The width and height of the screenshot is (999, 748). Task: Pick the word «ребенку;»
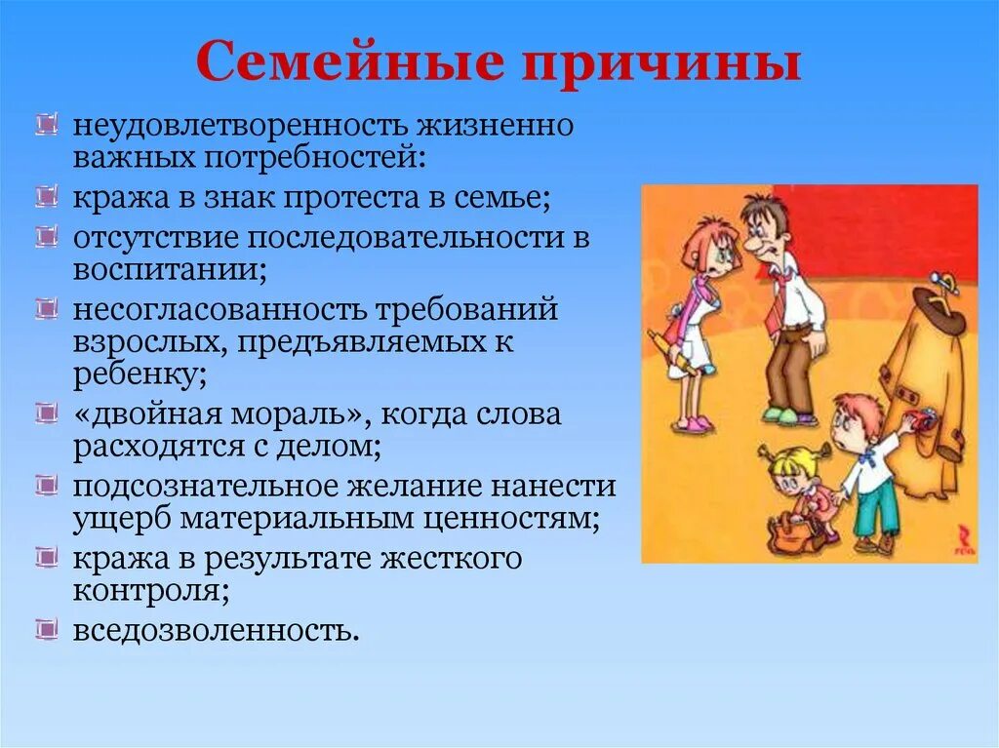(139, 375)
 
